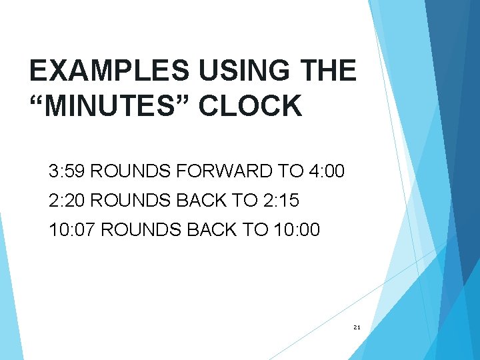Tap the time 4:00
327,172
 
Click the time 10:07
71,230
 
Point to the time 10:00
297,230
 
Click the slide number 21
357,327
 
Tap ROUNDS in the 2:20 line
123,201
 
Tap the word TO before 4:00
291,172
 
